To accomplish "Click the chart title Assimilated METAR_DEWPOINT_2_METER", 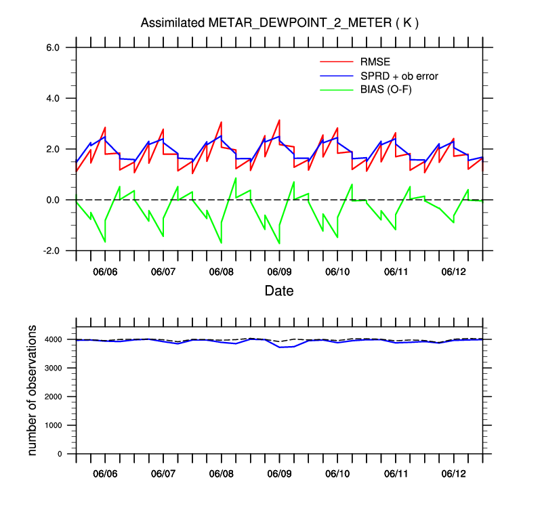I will pos(279,23).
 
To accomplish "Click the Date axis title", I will pos(279,291).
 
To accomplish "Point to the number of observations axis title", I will pos(33,389).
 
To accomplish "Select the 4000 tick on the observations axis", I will pos(54,339).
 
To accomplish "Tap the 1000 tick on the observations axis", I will pos(54,425).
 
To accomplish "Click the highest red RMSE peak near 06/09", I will pos(279,120).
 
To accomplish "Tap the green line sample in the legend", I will pos(336,89).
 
